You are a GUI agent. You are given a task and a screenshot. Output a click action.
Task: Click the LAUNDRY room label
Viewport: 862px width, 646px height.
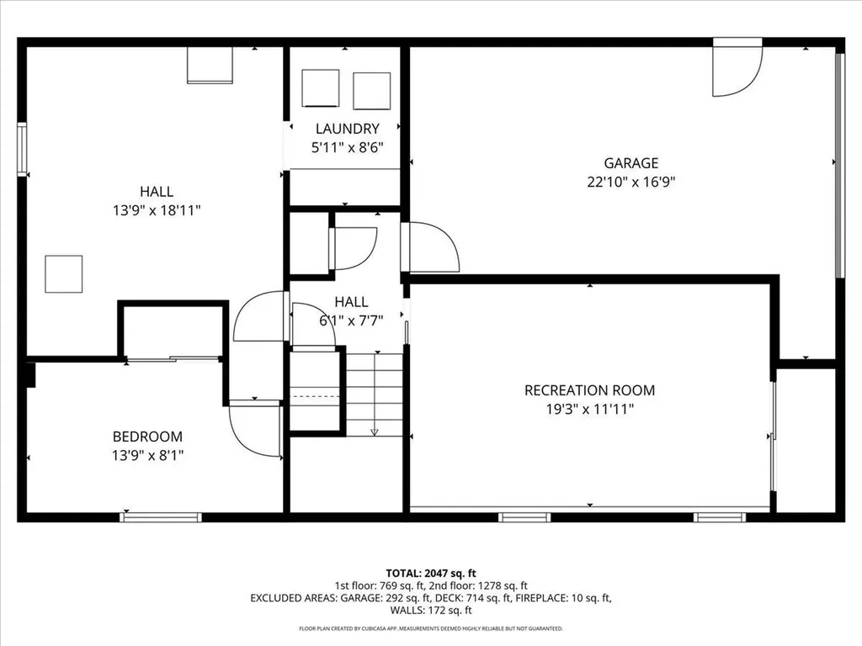click(x=347, y=129)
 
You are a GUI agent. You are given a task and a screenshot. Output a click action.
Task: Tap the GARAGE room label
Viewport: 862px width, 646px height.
click(x=631, y=163)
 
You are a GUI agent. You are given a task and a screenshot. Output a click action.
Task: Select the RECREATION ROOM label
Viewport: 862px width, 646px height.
click(x=589, y=390)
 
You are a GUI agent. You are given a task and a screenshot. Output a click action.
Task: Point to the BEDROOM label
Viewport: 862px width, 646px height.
click(x=147, y=437)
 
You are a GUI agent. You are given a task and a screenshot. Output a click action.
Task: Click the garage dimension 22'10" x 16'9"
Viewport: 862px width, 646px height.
click(x=631, y=182)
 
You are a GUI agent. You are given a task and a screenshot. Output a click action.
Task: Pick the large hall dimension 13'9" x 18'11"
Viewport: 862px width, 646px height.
click(x=157, y=210)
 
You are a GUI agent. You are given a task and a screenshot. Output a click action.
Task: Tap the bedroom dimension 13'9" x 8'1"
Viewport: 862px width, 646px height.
click(x=147, y=455)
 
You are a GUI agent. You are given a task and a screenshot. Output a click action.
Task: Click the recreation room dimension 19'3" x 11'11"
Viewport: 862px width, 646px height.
click(x=589, y=410)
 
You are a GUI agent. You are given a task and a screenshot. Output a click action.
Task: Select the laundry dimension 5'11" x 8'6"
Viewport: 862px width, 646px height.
click(x=347, y=147)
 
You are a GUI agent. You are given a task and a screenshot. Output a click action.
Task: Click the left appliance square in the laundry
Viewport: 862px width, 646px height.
click(x=321, y=87)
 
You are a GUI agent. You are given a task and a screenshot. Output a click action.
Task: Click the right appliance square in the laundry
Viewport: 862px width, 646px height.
click(x=371, y=91)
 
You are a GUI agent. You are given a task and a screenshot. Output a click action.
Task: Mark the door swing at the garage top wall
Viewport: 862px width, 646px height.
click(x=737, y=67)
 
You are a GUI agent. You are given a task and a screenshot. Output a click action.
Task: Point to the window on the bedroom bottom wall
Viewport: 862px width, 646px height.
click(x=161, y=517)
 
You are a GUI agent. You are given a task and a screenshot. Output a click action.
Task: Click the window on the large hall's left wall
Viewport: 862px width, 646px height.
click(x=22, y=150)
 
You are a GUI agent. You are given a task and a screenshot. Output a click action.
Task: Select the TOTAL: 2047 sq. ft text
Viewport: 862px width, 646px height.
click(x=431, y=574)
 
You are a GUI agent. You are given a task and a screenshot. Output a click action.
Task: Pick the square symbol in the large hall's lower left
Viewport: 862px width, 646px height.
click(x=64, y=273)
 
